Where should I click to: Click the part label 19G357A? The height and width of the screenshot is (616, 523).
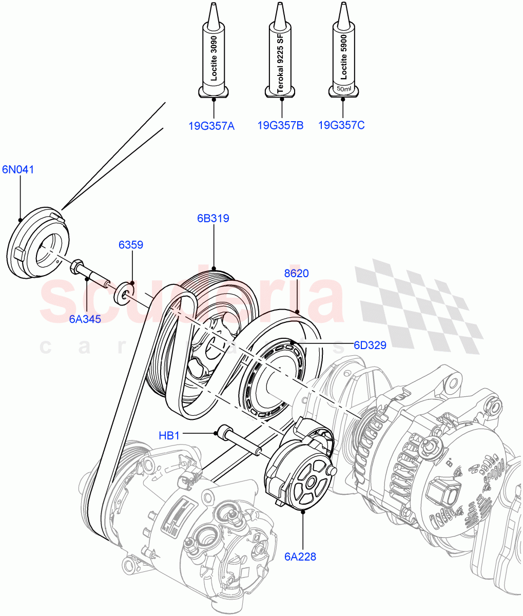(211, 125)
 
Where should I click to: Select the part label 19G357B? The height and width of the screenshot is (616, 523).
(280, 125)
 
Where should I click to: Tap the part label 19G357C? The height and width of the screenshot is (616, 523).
(341, 125)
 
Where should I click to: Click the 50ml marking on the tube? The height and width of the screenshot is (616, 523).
(342, 89)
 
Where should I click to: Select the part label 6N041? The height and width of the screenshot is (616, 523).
(18, 169)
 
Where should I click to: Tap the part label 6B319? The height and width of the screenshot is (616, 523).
(212, 218)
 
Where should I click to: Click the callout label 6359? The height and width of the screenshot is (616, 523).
(131, 245)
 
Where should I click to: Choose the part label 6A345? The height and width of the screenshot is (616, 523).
(85, 319)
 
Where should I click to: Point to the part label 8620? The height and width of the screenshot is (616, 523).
(296, 273)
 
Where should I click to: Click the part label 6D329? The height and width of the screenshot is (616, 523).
(370, 345)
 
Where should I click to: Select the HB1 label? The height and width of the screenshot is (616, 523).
(169, 436)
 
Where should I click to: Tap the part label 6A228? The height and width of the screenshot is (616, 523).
(301, 556)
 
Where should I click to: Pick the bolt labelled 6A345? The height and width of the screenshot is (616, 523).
(90, 273)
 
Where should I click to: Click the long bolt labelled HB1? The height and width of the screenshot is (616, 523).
(239, 441)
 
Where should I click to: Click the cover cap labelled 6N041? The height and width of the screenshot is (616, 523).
(40, 243)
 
